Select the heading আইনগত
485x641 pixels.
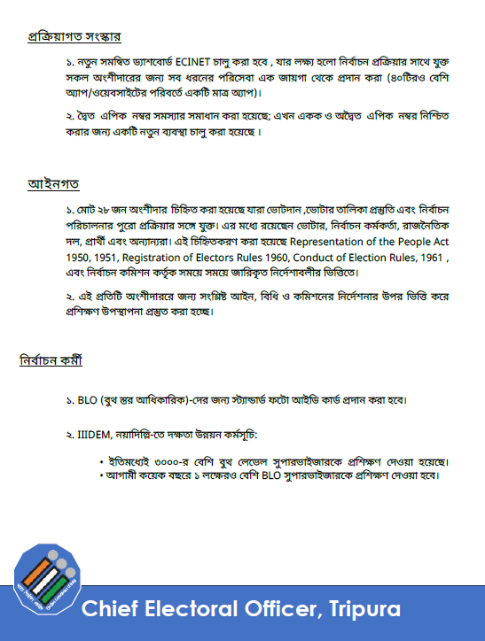[x=54, y=184]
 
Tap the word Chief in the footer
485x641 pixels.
[x=108, y=610]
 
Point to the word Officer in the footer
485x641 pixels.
[x=279, y=610]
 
